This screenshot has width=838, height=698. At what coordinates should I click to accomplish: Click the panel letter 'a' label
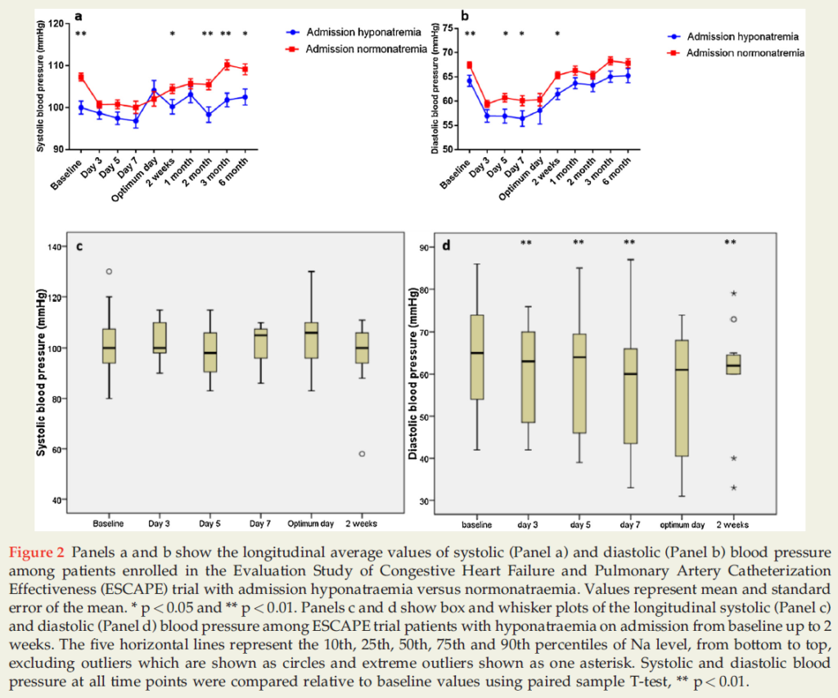[x=79, y=16]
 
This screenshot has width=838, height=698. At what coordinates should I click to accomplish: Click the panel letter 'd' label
[x=445, y=245]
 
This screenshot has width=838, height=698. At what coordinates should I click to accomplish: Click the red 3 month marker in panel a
[x=227, y=65]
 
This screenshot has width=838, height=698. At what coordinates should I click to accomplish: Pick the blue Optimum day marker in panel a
[x=154, y=91]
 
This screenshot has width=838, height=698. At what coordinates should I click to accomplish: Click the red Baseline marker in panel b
[x=470, y=65]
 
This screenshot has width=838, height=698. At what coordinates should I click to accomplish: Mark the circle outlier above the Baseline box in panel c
[x=109, y=272]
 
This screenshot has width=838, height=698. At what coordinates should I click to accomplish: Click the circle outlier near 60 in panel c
[x=361, y=453]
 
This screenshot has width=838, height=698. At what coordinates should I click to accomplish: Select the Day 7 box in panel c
[x=261, y=344]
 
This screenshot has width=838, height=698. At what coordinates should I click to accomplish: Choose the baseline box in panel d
[x=477, y=357]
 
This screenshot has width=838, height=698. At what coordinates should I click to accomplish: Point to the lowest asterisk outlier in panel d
[x=734, y=489]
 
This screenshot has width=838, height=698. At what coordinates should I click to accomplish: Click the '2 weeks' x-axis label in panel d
[x=734, y=525]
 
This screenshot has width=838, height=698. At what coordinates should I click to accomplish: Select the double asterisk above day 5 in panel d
[x=579, y=242]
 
